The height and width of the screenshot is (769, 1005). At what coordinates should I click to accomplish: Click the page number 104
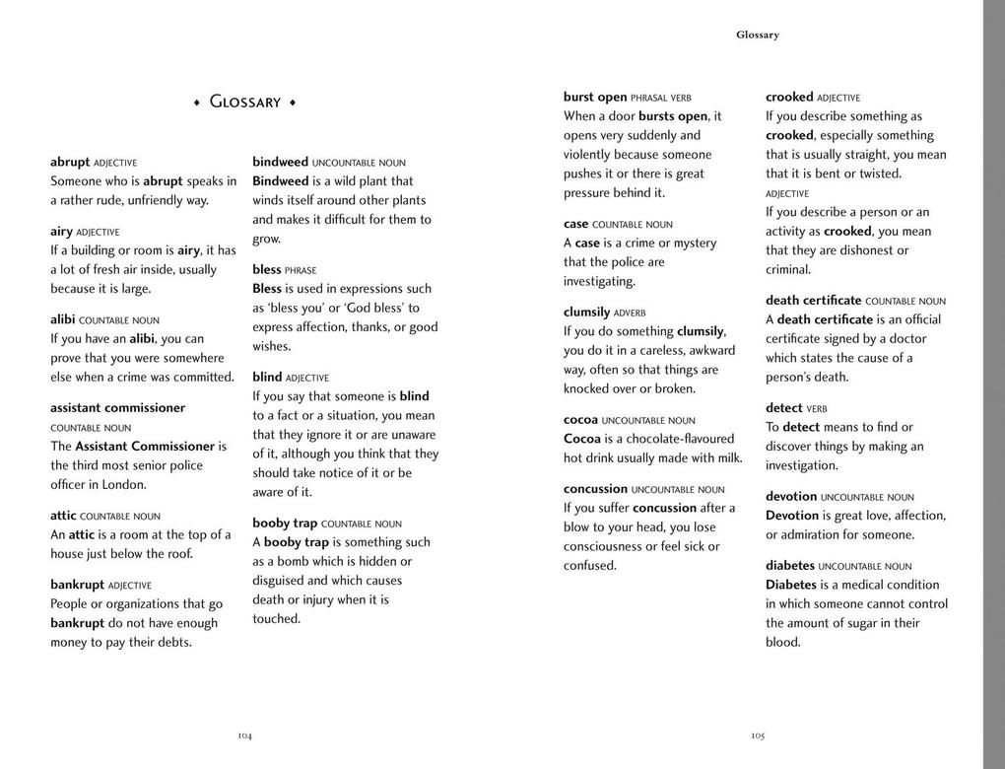(244, 735)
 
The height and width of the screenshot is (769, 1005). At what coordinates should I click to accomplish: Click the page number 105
(758, 735)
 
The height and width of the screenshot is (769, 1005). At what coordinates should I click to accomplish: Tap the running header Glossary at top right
(758, 35)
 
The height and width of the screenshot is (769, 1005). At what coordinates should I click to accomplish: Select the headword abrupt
(70, 162)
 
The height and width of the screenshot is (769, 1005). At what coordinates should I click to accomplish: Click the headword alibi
(62, 319)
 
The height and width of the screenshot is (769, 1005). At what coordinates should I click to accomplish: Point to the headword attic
(63, 516)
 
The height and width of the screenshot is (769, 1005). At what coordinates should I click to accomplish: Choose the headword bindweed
(280, 162)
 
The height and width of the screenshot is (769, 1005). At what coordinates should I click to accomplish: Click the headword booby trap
(285, 524)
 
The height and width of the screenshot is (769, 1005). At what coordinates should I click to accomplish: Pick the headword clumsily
(586, 313)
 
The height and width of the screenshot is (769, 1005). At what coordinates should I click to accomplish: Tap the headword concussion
(595, 489)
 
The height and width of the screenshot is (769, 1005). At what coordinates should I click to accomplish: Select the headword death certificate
(813, 300)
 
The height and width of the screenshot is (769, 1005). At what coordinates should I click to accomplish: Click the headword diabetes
(790, 566)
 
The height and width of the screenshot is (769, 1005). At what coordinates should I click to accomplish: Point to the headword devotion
(791, 497)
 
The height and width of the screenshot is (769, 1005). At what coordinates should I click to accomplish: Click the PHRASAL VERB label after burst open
(661, 99)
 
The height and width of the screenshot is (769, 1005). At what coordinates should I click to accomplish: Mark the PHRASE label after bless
(301, 270)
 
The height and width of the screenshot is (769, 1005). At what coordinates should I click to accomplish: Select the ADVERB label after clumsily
(630, 314)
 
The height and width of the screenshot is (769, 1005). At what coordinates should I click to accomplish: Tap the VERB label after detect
(817, 408)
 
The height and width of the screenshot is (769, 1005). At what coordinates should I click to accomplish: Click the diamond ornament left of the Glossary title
(197, 103)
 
